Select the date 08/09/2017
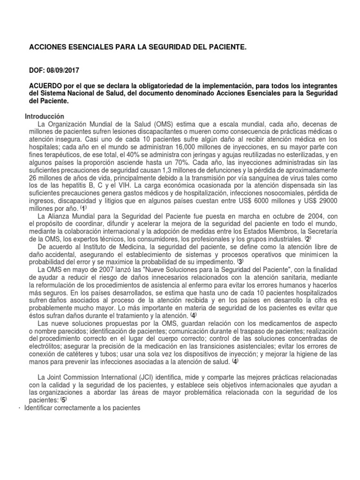63,71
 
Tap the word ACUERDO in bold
46,86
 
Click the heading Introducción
44,116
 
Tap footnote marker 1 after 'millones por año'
83,207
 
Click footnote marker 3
240,262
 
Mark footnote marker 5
64,400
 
